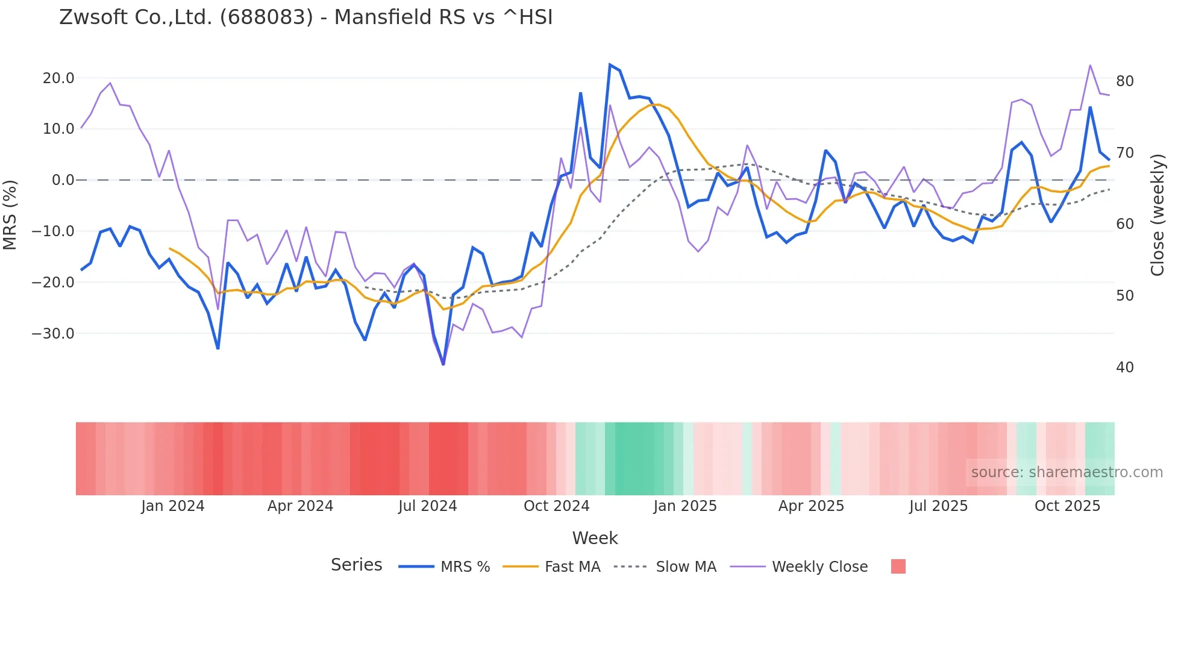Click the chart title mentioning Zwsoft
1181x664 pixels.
[305, 17]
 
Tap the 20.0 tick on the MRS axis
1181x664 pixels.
[58, 78]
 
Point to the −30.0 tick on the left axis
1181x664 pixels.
[53, 334]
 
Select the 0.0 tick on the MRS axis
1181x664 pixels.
[63, 180]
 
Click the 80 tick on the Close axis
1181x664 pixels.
[1124, 81]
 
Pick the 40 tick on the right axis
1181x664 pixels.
[1124, 368]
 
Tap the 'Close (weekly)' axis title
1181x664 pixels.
[1157, 215]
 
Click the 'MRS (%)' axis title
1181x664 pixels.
[10, 215]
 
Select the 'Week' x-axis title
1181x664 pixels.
[595, 538]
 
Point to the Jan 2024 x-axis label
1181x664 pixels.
[173, 506]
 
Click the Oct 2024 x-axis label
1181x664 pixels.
[556, 506]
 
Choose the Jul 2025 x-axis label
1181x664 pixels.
[938, 506]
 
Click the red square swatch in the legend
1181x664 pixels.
[898, 566]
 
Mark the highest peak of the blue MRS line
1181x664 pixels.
[610, 64]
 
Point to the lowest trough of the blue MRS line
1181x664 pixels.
[443, 364]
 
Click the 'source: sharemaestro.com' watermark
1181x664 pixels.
[1067, 472]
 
